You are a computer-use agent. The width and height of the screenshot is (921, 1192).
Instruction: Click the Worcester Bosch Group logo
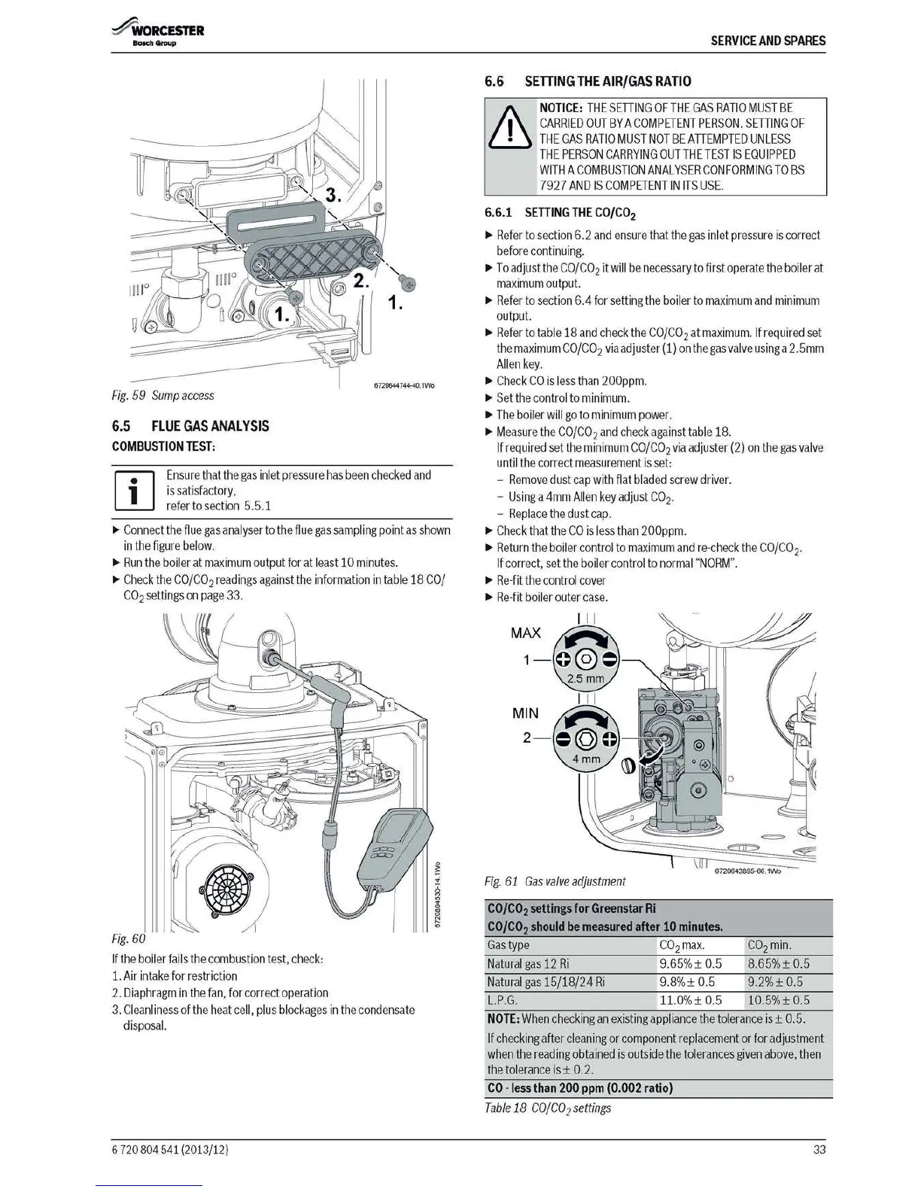tap(157, 35)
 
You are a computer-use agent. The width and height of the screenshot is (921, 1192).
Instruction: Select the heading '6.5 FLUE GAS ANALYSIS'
tap(190, 426)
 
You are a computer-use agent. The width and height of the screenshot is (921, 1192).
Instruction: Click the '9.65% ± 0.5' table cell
tap(690, 964)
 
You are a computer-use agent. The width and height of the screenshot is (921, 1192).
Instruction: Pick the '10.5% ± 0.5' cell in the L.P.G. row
tap(778, 1000)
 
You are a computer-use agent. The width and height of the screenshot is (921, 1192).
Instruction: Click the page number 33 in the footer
tap(819, 1149)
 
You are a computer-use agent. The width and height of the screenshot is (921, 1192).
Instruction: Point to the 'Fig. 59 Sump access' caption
tap(163, 395)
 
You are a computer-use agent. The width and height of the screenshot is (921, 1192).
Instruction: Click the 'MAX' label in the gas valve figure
tap(525, 633)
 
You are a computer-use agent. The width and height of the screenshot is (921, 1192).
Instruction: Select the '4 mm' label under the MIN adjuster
tap(586, 759)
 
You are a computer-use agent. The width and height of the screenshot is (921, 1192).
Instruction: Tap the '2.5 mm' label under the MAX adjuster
tap(585, 679)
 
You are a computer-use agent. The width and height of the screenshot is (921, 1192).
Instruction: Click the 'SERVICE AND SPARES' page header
tap(768, 41)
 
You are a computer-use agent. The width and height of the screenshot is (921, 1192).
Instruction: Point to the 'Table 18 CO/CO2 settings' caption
tap(549, 1108)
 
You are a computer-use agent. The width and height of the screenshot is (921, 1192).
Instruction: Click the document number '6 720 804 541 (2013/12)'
tap(169, 1150)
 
